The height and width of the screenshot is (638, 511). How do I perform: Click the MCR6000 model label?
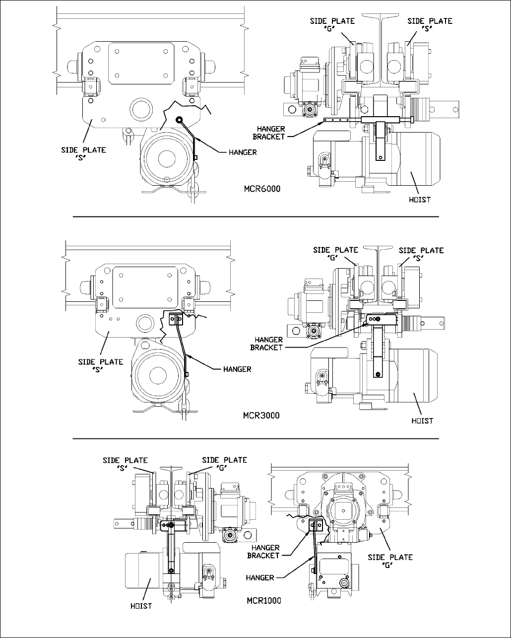pyautogui.click(x=262, y=189)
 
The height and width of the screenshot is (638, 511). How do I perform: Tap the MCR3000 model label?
pyautogui.click(x=261, y=416)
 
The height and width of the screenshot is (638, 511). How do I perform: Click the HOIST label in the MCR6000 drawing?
pyautogui.click(x=420, y=200)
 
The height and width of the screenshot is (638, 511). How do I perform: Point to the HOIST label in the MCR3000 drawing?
pyautogui.click(x=422, y=421)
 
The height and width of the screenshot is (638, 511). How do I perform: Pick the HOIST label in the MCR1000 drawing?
pyautogui.click(x=141, y=606)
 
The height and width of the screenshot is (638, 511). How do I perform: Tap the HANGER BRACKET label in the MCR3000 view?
pyautogui.click(x=266, y=344)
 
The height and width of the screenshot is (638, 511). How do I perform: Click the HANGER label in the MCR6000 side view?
pyautogui.click(x=243, y=152)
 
